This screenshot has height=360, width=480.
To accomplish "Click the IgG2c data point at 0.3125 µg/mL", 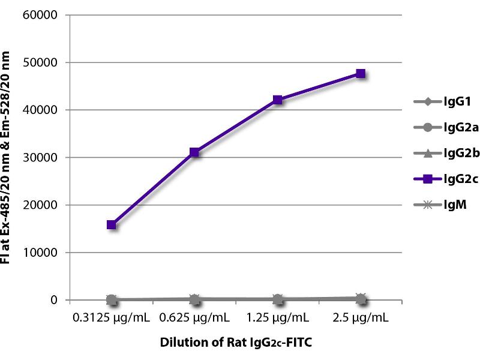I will [112, 225].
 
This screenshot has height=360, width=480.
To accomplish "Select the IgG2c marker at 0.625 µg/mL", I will [194, 152].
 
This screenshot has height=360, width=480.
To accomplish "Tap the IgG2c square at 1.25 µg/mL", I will [277, 100].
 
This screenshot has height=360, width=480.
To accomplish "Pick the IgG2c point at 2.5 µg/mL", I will [361, 74].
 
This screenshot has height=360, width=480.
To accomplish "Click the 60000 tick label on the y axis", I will [43, 15].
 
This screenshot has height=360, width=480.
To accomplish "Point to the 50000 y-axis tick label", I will [43, 62].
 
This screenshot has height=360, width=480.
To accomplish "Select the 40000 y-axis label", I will [43, 110].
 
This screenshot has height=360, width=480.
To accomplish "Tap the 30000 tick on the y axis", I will [43, 158].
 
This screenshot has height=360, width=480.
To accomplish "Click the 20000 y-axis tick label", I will [43, 205].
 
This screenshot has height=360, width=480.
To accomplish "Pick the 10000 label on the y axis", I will [43, 253].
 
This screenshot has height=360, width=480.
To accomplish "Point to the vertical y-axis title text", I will [14, 157].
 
